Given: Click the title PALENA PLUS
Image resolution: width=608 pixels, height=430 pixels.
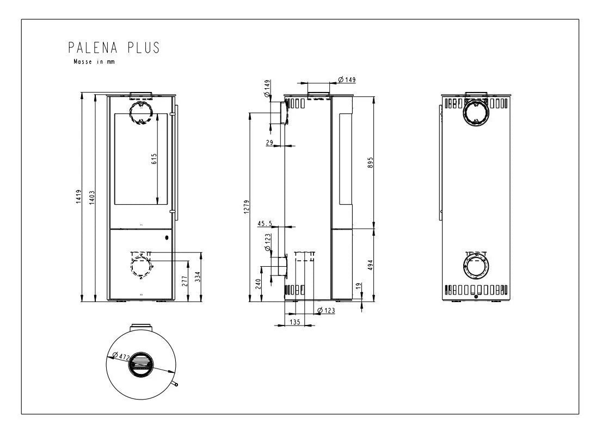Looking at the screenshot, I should pyautogui.click(x=114, y=48).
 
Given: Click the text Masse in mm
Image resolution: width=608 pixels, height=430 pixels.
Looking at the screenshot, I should pyautogui.click(x=94, y=62).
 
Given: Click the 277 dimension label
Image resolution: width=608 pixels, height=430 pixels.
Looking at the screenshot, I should pyautogui.click(x=185, y=280).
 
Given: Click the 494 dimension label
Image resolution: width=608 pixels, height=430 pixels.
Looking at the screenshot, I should pyautogui.click(x=370, y=265).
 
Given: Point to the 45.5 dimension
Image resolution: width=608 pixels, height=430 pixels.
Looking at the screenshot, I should pyautogui.click(x=265, y=223).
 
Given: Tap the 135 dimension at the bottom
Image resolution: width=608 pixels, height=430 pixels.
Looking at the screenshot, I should pyautogui.click(x=294, y=322).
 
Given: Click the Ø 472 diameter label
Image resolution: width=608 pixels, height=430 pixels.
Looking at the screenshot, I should pyautogui.click(x=119, y=357).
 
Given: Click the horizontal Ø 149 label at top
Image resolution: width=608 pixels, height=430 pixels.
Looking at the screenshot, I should pyautogui.click(x=347, y=80).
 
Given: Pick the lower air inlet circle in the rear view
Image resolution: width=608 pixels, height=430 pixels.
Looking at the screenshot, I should pyautogui.click(x=475, y=267).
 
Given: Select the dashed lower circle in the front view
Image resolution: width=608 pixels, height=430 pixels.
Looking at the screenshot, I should pyautogui.click(x=141, y=267).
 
